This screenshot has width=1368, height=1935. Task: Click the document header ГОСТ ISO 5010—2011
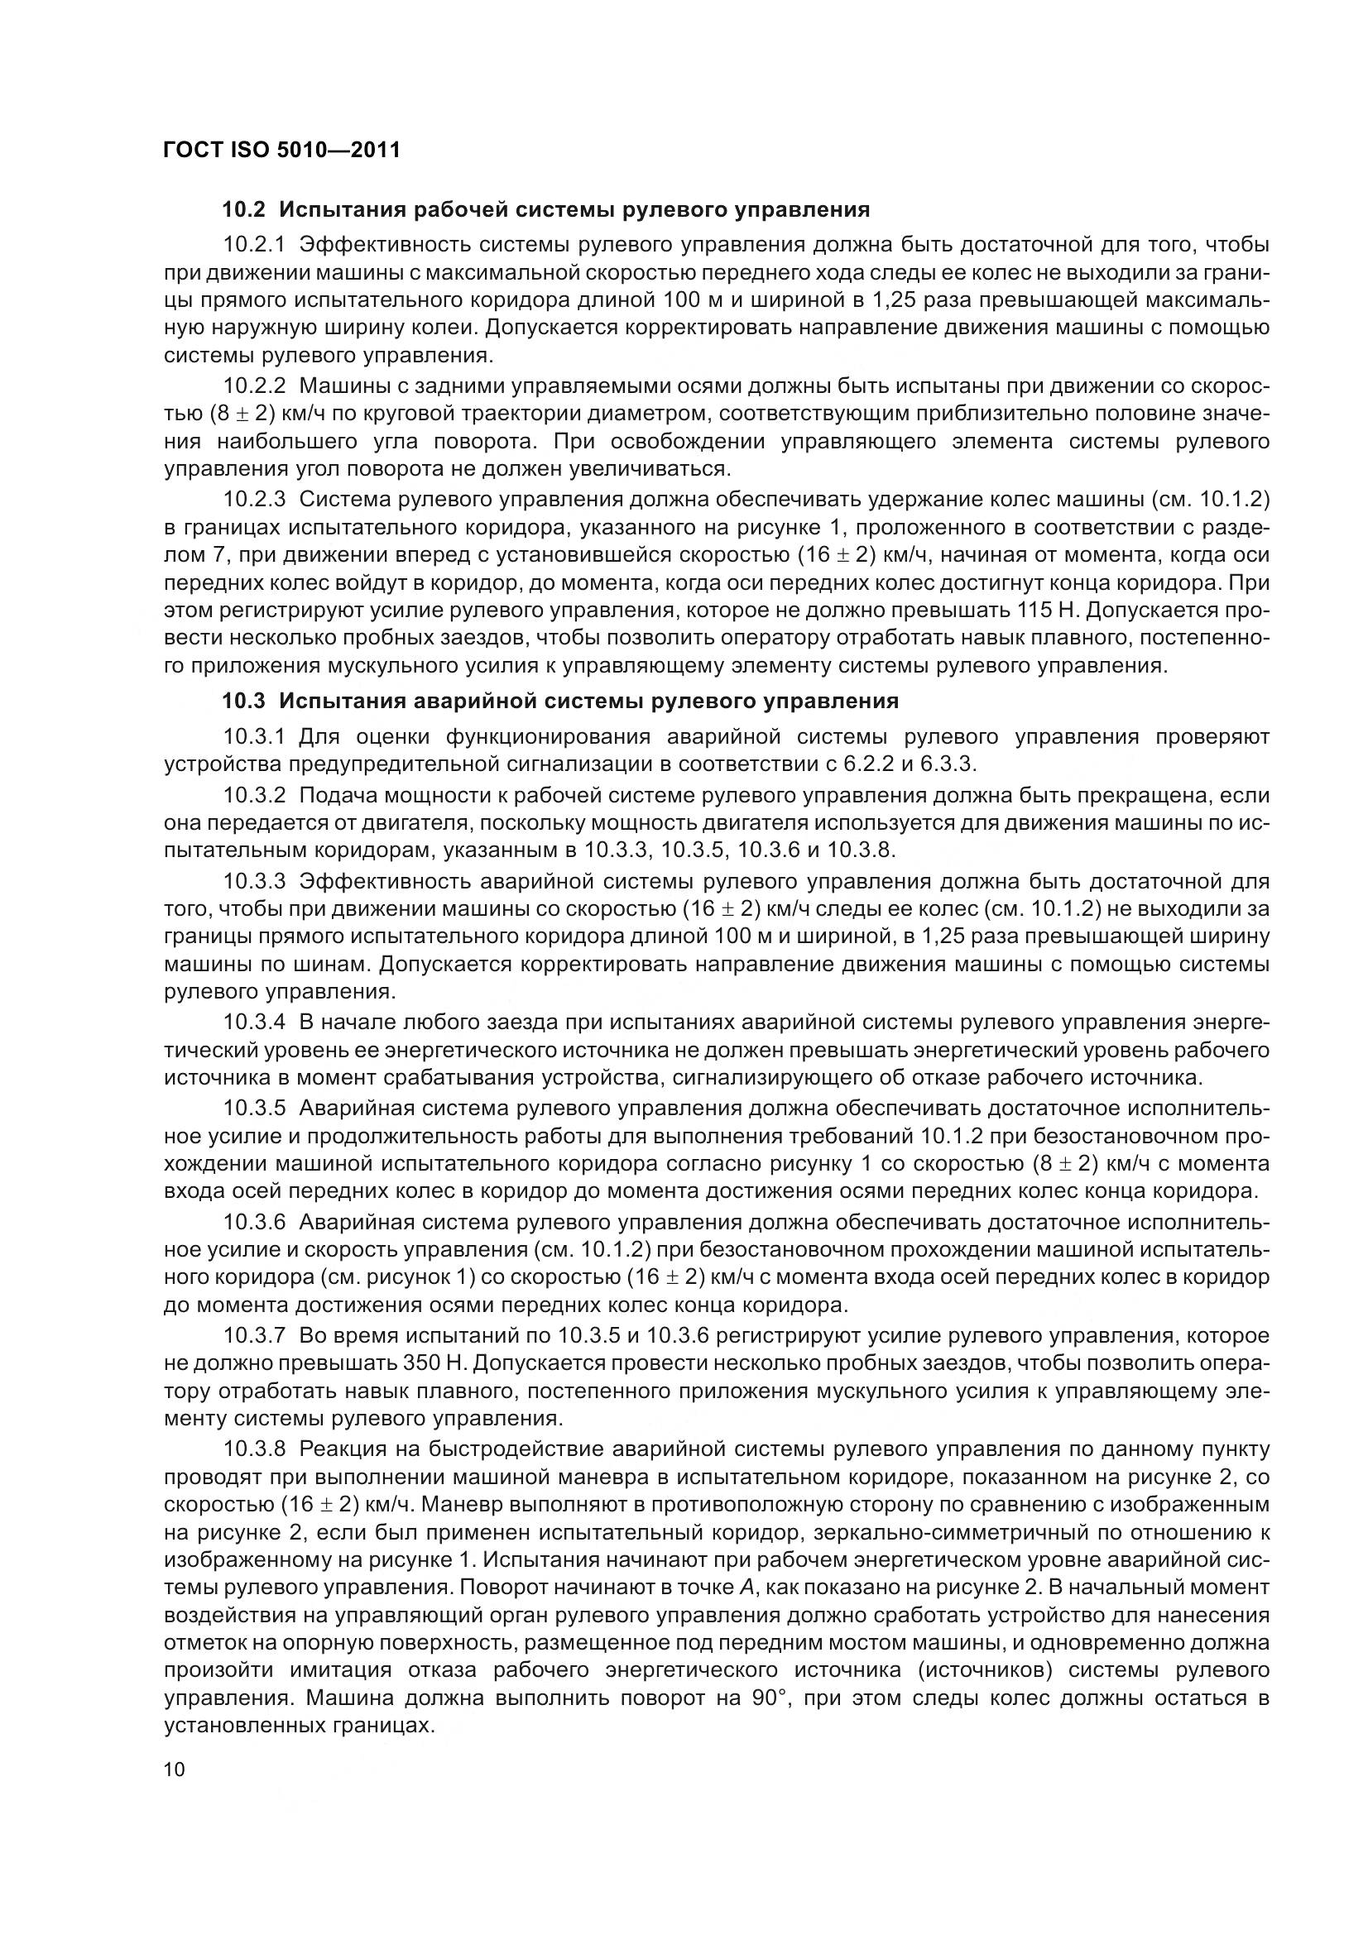(x=281, y=151)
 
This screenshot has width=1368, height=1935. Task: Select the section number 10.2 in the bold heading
(x=243, y=208)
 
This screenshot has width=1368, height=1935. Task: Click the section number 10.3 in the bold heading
(x=243, y=702)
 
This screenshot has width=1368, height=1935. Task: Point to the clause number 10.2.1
(x=256, y=245)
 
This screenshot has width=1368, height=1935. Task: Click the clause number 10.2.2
(x=256, y=386)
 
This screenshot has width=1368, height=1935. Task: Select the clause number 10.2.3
(x=256, y=500)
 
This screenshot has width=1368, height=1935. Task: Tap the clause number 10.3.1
(x=256, y=737)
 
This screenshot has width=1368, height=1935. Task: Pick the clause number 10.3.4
(x=256, y=1023)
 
